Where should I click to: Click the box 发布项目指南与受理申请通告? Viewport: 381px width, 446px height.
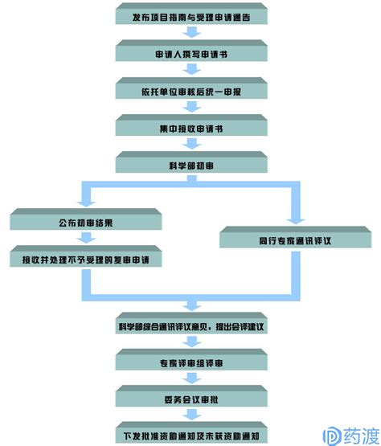[x=191, y=14]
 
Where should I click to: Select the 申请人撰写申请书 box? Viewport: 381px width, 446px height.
[x=191, y=51]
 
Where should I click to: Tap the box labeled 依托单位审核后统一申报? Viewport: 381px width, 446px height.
[x=191, y=88]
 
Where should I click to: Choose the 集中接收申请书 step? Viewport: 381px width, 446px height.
[x=191, y=125]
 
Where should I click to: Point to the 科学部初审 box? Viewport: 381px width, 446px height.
[x=191, y=162]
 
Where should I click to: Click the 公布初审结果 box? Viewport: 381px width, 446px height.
[x=86, y=219]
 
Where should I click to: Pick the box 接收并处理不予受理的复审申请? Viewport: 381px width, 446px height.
[x=86, y=256]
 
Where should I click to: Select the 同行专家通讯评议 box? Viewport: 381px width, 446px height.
[x=295, y=237]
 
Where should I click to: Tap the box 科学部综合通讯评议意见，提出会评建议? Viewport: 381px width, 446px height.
[x=191, y=323]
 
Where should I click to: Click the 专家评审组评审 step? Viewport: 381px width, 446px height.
[x=191, y=360]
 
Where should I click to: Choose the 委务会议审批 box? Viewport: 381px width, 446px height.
[x=191, y=396]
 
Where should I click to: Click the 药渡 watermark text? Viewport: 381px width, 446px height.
[x=362, y=436]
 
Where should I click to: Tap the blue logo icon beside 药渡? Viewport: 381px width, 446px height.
[x=332, y=436]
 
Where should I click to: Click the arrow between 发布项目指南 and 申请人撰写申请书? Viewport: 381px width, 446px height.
[x=192, y=32]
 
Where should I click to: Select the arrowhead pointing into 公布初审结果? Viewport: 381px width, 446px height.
[x=87, y=203]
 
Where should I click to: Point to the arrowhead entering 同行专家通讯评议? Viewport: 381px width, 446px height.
[x=296, y=221]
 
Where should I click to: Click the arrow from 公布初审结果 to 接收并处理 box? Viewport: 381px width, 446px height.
[x=87, y=238]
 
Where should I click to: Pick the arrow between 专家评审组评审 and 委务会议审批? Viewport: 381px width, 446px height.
[x=192, y=378]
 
